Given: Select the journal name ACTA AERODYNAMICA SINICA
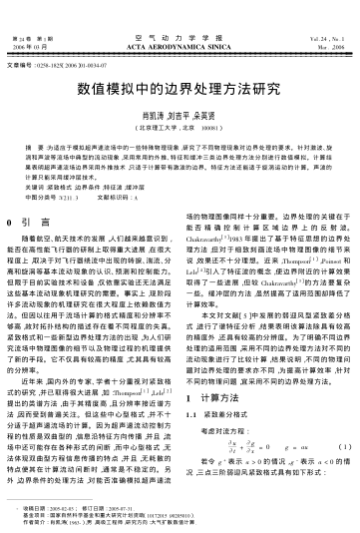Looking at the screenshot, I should (x=180, y=45).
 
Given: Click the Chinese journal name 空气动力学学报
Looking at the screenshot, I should (x=180, y=36).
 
